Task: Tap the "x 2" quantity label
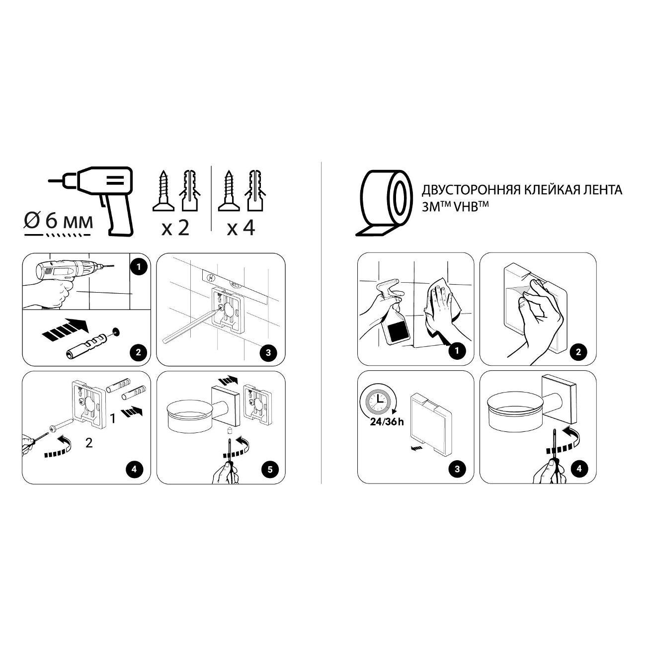coord(175,228)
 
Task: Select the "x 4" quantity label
coord(241,228)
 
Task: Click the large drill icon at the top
coord(91,200)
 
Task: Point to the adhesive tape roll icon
coord(384,203)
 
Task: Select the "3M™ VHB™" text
coord(455,205)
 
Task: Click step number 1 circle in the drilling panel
coord(139,267)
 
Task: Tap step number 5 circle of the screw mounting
coord(270,469)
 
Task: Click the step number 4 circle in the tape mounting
coord(579,469)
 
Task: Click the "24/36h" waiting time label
coord(387,421)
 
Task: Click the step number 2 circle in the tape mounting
coord(578,352)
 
